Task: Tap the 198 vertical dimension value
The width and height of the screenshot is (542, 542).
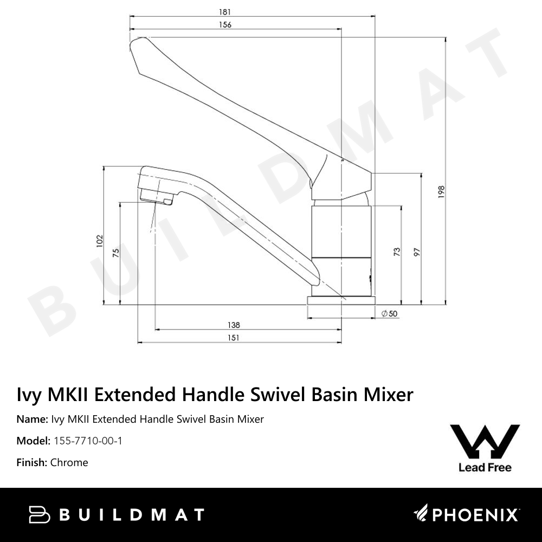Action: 441,192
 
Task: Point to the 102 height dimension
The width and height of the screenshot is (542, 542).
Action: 99,241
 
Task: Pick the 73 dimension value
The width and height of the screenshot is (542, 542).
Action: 397,251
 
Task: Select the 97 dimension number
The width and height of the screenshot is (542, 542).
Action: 416,251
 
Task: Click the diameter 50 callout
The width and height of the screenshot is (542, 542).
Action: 389,314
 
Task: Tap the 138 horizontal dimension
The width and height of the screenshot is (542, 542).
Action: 234,325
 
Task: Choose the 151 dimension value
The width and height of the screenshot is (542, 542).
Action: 234,338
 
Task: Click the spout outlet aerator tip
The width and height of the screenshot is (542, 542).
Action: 162,201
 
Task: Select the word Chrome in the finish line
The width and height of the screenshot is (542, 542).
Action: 69,462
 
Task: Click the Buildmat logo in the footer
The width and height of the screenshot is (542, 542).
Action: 117,514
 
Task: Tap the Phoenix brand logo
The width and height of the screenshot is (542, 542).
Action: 467,514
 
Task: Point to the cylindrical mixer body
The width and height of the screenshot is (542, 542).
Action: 341,249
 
